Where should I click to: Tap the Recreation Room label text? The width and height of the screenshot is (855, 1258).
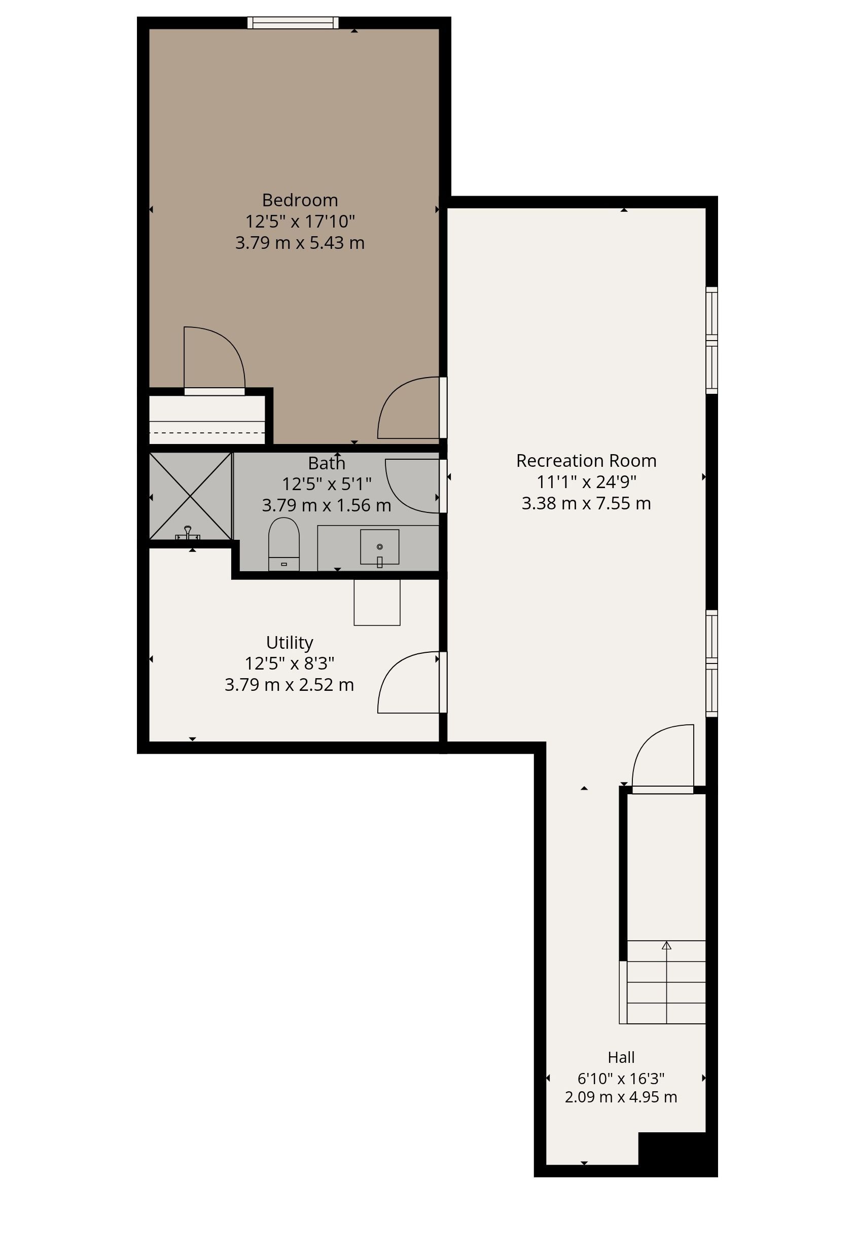[x=586, y=461]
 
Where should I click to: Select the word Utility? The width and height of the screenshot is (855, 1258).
[x=289, y=643]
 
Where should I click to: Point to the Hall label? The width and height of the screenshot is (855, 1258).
[x=621, y=1057]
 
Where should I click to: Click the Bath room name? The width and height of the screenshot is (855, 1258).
[x=327, y=463]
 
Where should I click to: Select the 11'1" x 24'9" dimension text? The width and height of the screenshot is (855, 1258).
[x=586, y=482]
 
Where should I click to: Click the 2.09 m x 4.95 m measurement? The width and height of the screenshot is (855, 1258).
[x=621, y=1097]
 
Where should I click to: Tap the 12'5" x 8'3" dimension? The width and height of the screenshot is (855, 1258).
[x=289, y=663]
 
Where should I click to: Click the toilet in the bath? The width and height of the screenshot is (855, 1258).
[x=284, y=544]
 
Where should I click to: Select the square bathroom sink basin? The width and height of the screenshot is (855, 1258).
[x=380, y=547]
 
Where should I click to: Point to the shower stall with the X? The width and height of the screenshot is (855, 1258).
[x=191, y=496]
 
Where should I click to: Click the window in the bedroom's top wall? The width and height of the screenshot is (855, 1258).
[x=293, y=23]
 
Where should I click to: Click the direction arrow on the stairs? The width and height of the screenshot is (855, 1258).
[x=666, y=946]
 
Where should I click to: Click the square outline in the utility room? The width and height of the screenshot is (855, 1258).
[x=377, y=603]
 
